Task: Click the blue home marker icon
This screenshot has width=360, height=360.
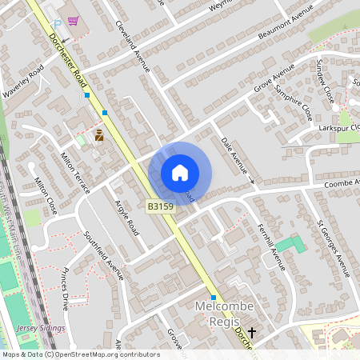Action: [180, 172]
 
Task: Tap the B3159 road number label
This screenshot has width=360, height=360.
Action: [160, 206]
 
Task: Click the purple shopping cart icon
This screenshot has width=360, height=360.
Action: [74, 22]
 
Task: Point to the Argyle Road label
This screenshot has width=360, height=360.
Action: [126, 218]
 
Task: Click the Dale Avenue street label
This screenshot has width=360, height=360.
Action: [234, 154]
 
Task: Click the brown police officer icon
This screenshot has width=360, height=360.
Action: [99, 135]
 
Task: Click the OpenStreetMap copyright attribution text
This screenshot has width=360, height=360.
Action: [80, 354]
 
